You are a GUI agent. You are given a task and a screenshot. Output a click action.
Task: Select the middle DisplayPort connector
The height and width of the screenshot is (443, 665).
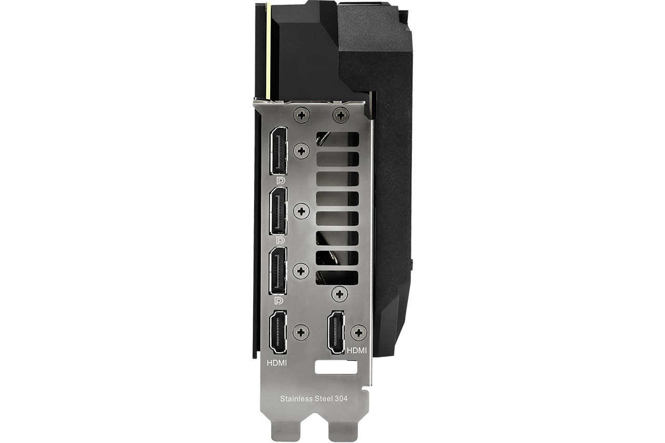tap(278, 211)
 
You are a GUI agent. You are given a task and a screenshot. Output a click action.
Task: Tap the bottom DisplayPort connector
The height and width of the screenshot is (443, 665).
tap(278, 271)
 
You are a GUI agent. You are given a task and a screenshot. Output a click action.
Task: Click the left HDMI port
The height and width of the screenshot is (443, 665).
tap(278, 332)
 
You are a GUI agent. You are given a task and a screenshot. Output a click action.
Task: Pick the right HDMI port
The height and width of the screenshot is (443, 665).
tap(336, 332)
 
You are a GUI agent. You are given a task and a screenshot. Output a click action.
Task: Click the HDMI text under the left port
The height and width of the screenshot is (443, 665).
tap(277, 363)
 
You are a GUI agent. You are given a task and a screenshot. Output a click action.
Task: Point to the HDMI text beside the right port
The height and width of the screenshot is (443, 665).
tap(356, 351)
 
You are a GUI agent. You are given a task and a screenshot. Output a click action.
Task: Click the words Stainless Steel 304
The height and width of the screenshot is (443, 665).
tap(314, 398)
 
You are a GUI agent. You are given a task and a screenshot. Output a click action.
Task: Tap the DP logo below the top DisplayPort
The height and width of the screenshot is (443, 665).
tap(281, 180)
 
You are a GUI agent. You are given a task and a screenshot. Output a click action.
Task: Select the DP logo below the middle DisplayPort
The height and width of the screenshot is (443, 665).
tap(281, 240)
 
